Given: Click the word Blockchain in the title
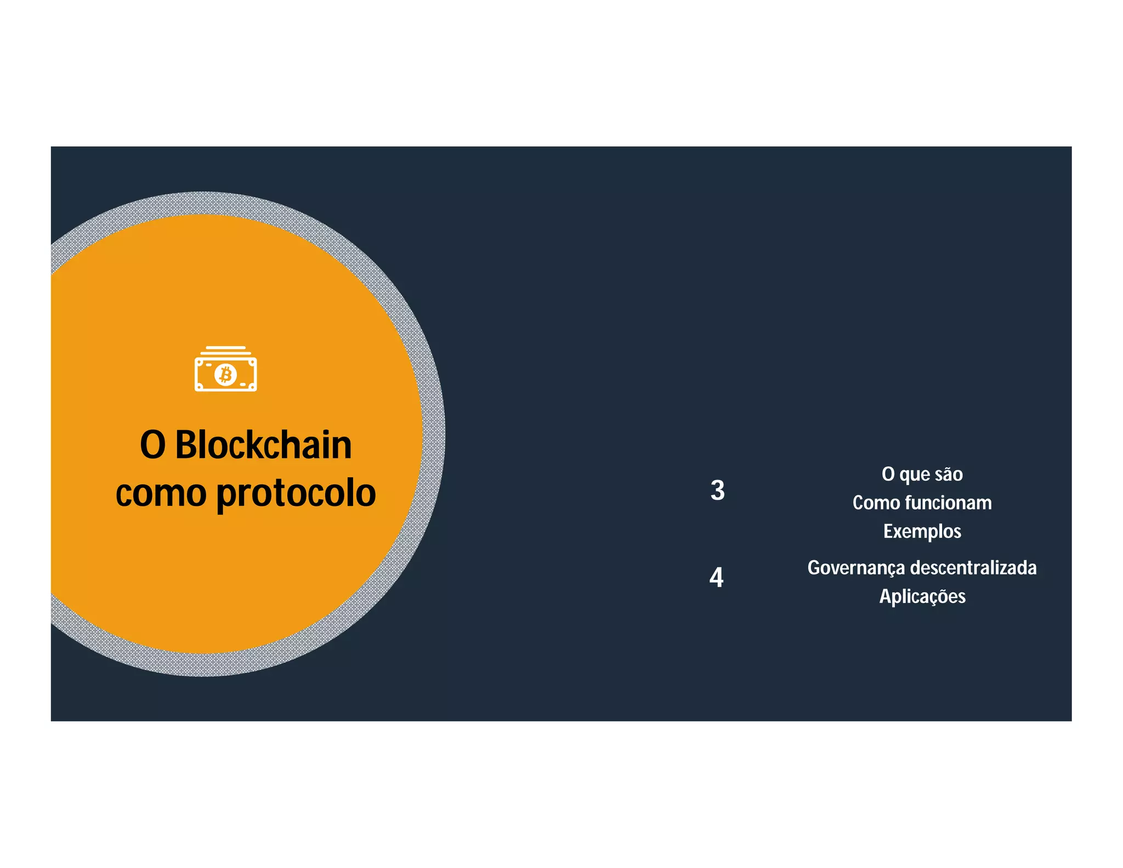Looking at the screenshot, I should coord(263,445).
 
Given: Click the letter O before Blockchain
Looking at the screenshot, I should coord(152,445).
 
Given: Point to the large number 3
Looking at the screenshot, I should coord(717,490).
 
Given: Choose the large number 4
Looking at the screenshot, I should coord(716,577).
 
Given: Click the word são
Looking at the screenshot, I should coord(948,474).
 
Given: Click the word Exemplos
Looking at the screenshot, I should coord(922,531).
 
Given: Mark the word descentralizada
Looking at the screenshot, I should coord(973,567).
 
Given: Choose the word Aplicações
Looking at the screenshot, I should coord(922,596).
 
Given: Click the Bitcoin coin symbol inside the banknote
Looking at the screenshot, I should coord(225,375).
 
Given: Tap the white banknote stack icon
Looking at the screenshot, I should coord(225,369).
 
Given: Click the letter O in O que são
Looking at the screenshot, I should coord(888,474).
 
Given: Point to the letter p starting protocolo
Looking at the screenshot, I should coord(225,495).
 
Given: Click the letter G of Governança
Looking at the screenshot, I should coord(815,568).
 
